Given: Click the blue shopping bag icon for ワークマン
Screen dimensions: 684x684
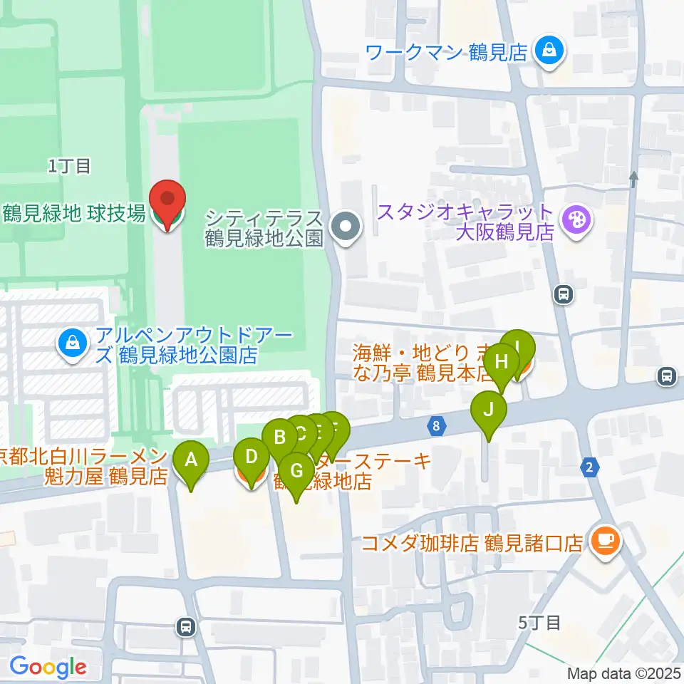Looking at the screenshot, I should tap(549, 51).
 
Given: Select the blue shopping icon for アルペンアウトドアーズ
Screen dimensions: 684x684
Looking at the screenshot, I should tap(73, 343).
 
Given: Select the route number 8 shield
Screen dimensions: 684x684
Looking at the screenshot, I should tap(435, 426).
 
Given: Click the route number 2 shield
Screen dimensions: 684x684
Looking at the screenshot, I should tap(589, 467).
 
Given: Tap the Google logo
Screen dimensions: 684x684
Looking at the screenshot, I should tap(48, 666).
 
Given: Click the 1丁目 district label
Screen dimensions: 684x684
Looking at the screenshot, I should tap(70, 167).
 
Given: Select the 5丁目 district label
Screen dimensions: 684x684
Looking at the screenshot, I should tap(539, 622).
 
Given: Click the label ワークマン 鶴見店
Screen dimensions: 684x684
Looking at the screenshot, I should tap(446, 52).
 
